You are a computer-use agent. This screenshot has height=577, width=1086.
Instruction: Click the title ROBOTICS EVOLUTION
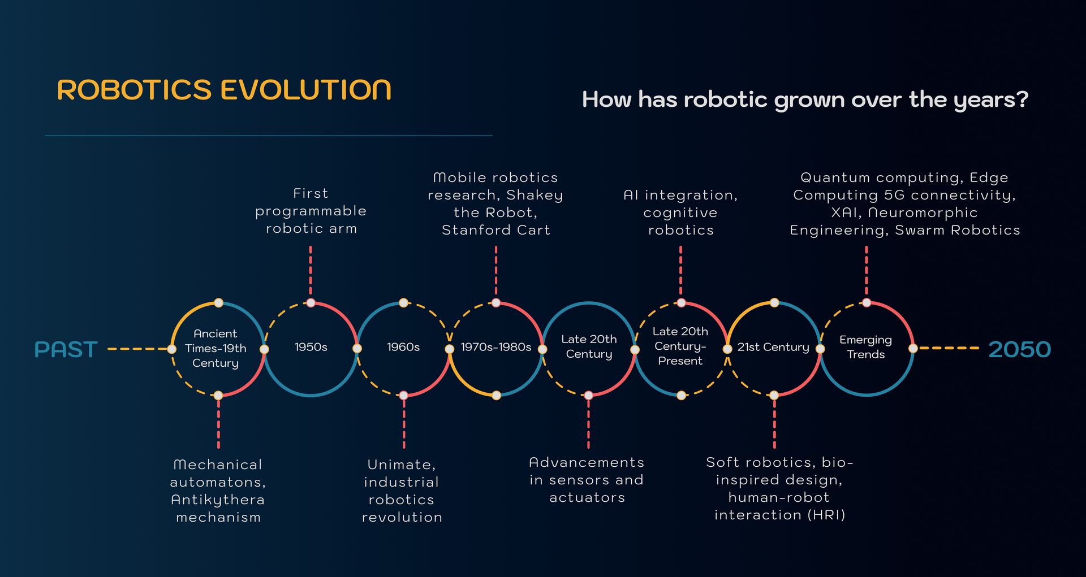(x=224, y=90)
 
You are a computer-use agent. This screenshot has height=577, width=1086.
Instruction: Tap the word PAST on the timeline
(x=66, y=349)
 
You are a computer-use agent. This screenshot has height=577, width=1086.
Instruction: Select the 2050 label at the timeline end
(x=1019, y=349)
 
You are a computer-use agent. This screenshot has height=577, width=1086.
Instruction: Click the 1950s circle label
(x=311, y=347)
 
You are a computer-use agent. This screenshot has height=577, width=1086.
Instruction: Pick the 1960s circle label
(x=403, y=347)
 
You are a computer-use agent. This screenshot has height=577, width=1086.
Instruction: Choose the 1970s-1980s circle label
(x=496, y=347)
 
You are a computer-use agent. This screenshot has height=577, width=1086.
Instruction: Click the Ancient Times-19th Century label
(x=216, y=348)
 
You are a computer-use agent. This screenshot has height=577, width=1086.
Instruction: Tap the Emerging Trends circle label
(x=865, y=347)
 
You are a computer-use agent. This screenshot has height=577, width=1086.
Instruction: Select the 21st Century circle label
(x=773, y=347)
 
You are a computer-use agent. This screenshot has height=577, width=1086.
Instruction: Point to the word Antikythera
(x=218, y=500)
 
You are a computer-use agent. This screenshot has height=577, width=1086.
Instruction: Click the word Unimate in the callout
(x=400, y=465)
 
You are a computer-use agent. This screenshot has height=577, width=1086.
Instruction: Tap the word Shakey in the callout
(x=535, y=196)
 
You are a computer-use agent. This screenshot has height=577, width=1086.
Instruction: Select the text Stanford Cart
(x=496, y=230)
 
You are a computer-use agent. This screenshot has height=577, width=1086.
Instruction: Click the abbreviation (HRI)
(x=826, y=515)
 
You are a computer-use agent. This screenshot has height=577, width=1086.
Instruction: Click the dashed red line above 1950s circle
(x=311, y=270)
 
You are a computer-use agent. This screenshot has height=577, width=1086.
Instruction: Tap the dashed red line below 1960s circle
(x=404, y=424)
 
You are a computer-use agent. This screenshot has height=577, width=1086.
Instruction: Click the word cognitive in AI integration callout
(x=680, y=213)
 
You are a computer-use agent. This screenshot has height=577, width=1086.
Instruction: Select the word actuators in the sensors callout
(x=587, y=497)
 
